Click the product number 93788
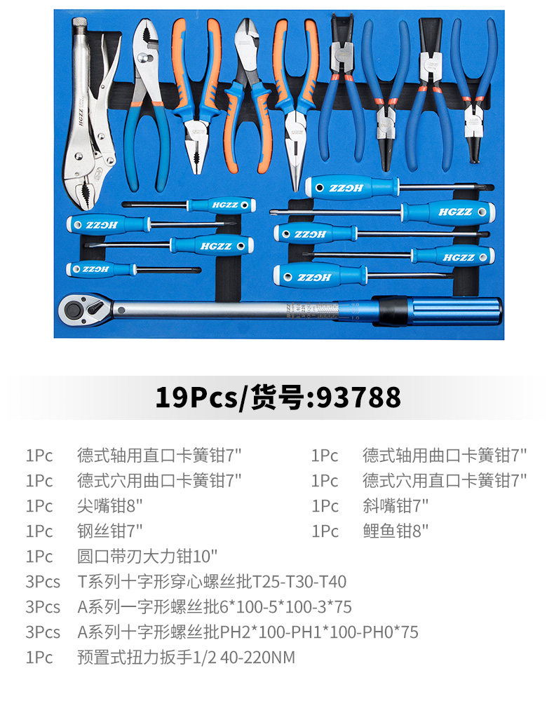[359, 397]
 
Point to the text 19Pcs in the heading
[196, 397]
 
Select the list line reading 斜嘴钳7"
[395, 505]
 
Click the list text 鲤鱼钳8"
[395, 531]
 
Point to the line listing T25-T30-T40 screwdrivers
[212, 581]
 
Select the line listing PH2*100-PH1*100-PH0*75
[248, 632]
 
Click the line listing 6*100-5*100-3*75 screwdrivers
[215, 606]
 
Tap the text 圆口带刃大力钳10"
[147, 556]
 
